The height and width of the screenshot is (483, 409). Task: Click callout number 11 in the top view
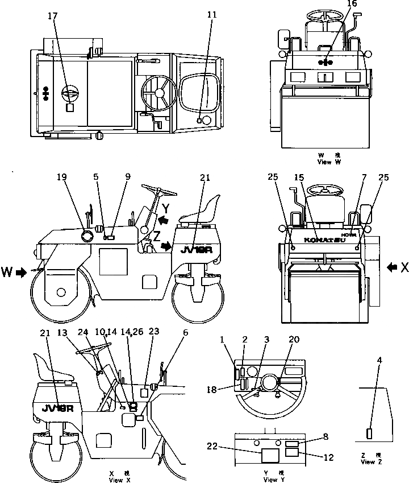[x=212, y=14]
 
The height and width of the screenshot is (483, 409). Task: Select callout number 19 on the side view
[x=61, y=177]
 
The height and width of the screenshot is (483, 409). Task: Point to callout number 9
[x=127, y=177]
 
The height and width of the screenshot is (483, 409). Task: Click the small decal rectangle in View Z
[x=370, y=434]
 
